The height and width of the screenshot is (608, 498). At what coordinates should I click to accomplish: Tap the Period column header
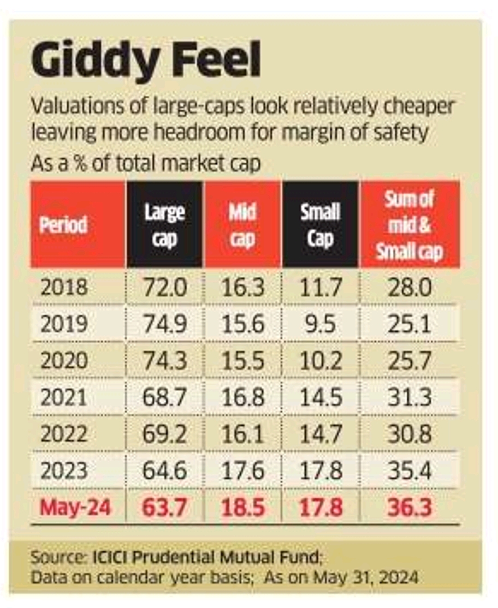(x=63, y=225)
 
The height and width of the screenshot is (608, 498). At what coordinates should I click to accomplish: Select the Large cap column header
(x=165, y=225)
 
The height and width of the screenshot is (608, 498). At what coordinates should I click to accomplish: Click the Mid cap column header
(x=243, y=225)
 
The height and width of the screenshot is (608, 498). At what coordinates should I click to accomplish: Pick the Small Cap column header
(x=320, y=225)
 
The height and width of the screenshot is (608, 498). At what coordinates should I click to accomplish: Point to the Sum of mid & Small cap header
(x=409, y=225)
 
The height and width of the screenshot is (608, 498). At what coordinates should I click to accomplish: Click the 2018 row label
(x=64, y=287)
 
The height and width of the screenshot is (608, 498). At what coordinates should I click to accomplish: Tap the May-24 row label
(x=75, y=507)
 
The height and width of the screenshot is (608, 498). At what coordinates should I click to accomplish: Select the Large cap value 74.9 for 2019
(x=165, y=324)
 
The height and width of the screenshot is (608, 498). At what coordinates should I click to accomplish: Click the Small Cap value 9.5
(x=320, y=324)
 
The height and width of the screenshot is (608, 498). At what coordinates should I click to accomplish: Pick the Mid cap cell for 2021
(x=243, y=397)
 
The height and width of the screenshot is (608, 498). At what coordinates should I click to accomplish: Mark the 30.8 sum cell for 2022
(x=409, y=434)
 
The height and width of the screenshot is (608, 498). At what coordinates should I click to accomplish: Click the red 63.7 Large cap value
(x=165, y=507)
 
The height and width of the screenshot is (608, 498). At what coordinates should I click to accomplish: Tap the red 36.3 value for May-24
(x=409, y=507)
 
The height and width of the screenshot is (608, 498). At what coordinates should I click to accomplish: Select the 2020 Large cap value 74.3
(x=165, y=361)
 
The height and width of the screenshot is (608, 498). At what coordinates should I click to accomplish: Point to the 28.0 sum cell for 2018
(x=409, y=287)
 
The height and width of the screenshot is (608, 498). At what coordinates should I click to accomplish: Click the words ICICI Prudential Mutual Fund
(x=206, y=557)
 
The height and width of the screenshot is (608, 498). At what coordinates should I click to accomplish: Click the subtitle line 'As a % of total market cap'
(x=146, y=163)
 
